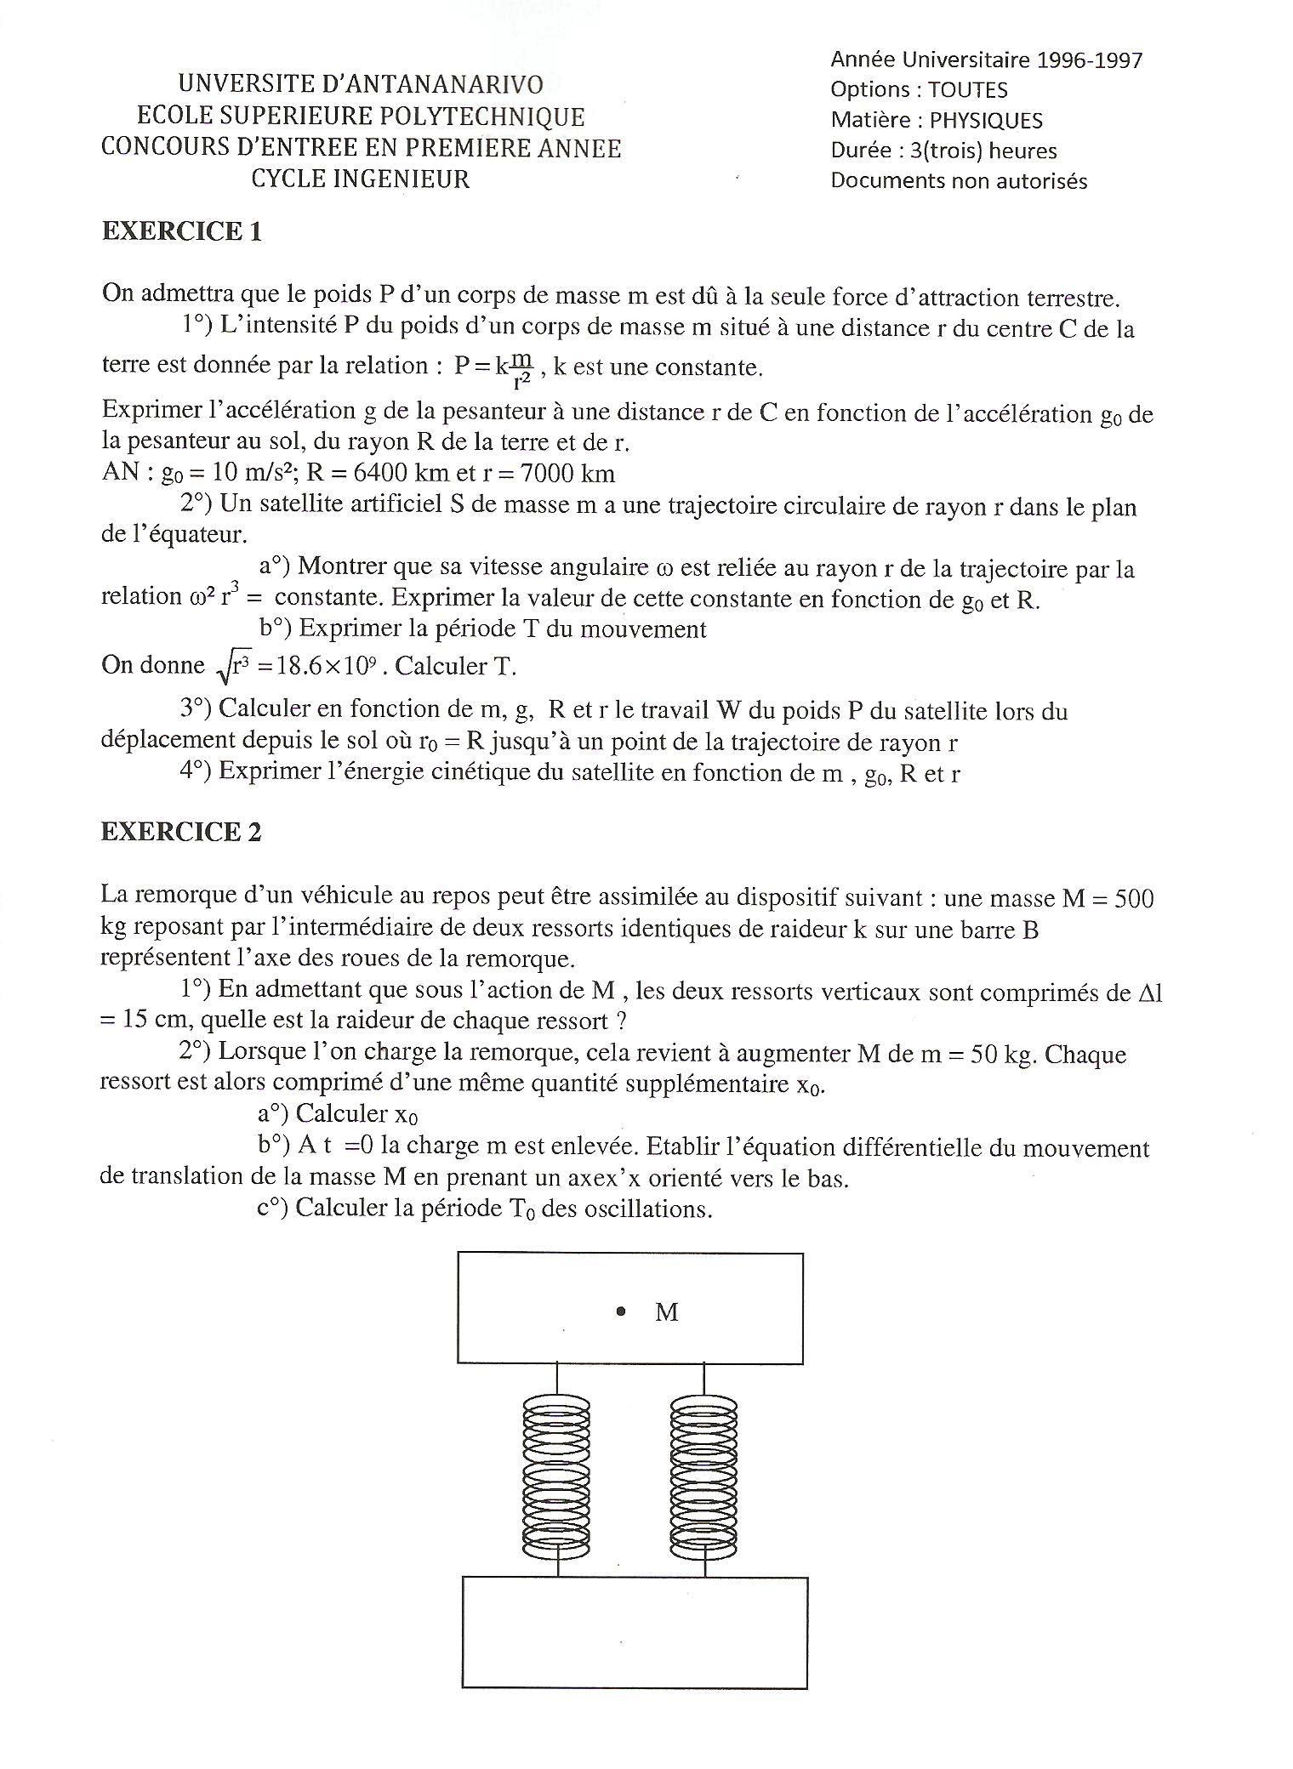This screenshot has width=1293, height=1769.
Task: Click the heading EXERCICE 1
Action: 181,231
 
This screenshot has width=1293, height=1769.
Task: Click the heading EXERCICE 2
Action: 181,832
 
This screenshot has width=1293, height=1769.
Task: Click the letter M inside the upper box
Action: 666,1312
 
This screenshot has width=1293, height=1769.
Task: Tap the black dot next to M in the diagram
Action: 621,1311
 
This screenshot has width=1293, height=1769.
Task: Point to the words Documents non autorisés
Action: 959,181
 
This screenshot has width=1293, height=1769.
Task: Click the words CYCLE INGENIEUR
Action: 360,179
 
